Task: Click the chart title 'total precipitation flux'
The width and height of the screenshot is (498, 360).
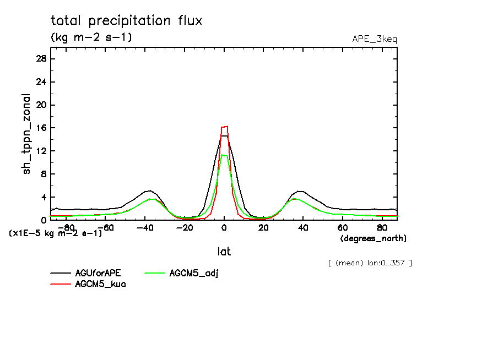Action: coord(127,21)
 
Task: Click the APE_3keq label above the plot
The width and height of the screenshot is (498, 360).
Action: coord(374,39)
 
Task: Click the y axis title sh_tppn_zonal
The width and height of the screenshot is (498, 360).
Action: coord(27,134)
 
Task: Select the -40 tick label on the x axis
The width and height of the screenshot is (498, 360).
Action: coord(144,227)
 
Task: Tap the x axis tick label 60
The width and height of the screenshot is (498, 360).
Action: coord(342,227)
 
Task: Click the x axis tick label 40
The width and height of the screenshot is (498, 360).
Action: coord(303,227)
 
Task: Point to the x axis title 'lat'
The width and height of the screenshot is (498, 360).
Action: coord(224,252)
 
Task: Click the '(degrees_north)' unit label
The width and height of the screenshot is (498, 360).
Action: coord(373,238)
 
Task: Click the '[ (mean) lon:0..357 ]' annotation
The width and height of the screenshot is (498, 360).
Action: coord(370,263)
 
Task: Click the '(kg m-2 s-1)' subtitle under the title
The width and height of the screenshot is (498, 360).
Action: coord(91,37)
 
